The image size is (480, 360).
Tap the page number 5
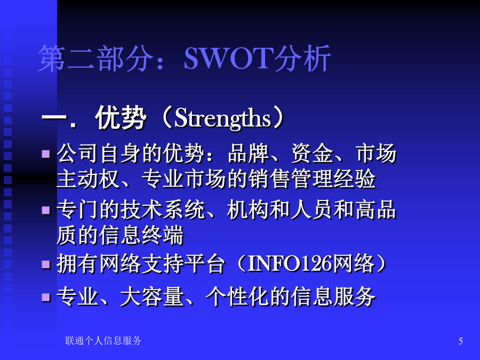[x=460, y=341]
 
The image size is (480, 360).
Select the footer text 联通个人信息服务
[x=103, y=341]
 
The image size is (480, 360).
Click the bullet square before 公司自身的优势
[x=46, y=154]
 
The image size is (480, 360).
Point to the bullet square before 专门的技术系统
[x=46, y=210]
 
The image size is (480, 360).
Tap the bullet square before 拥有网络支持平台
[x=46, y=264]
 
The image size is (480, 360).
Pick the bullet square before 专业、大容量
[x=46, y=297]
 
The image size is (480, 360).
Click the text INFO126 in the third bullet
[x=290, y=263]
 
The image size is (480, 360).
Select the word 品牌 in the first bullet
[x=248, y=153]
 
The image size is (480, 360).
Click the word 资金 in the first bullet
[x=312, y=153]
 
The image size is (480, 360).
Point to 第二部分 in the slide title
[x=95, y=58]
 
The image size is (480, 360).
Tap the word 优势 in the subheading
[x=121, y=118]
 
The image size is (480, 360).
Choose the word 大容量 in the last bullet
[x=152, y=297]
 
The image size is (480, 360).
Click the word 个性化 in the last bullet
[x=237, y=297]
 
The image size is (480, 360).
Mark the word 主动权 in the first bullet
[x=88, y=179]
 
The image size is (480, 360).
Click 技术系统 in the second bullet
[x=163, y=210]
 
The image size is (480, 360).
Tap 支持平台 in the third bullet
[x=184, y=263]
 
